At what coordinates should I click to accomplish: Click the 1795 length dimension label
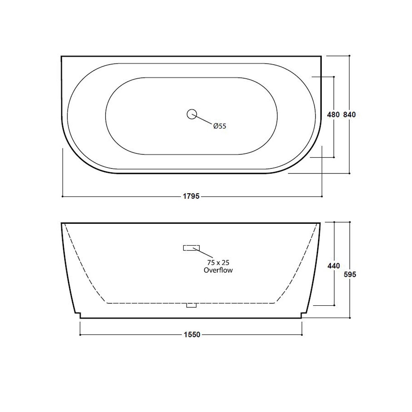[x=191, y=197]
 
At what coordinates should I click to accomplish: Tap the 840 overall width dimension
[x=349, y=115]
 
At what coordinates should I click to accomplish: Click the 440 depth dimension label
[x=333, y=266]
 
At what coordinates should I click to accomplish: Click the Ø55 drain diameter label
[x=220, y=126]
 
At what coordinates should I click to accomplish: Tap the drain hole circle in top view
[x=192, y=114]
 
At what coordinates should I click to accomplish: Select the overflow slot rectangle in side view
[x=191, y=248]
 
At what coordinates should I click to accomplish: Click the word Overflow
[x=218, y=270]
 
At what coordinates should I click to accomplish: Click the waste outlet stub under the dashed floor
[x=192, y=305]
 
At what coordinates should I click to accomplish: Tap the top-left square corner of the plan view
[x=61, y=56]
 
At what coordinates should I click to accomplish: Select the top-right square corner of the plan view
[x=321, y=56]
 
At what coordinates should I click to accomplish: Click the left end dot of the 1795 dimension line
[x=62, y=197]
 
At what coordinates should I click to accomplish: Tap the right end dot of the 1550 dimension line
[x=302, y=335]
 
